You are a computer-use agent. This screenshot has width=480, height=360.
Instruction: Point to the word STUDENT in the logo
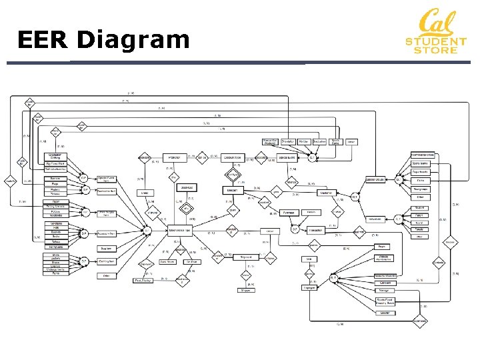point(436,42)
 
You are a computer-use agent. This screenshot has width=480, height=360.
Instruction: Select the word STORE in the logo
point(436,50)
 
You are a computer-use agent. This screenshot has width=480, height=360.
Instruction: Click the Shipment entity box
point(245,257)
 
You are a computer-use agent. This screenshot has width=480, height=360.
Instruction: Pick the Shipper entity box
point(247,289)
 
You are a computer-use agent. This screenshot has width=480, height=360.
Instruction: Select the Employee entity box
point(309,288)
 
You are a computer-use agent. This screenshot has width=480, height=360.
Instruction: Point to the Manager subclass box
point(385,291)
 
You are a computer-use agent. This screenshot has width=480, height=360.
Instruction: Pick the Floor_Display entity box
point(143,281)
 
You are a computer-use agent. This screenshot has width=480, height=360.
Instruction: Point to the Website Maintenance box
point(385,257)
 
